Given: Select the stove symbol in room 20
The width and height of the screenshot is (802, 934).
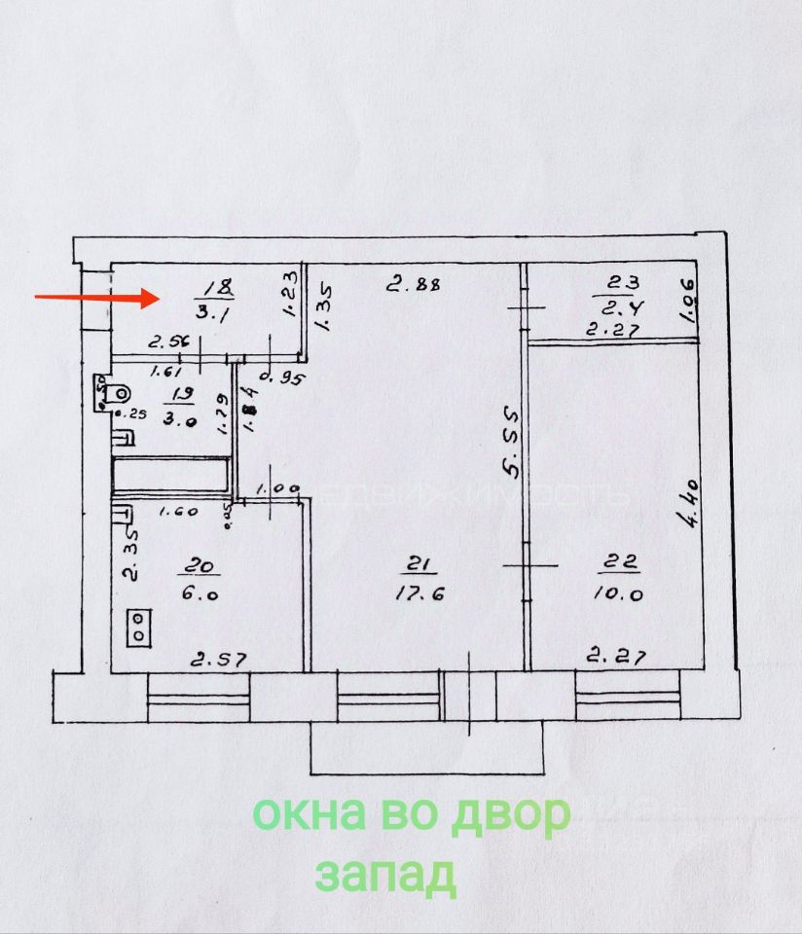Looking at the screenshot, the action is point(139,627).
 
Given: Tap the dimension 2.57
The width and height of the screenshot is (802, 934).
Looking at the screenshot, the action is point(218,660).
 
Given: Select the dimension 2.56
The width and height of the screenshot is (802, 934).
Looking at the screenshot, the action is point(167,342).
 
